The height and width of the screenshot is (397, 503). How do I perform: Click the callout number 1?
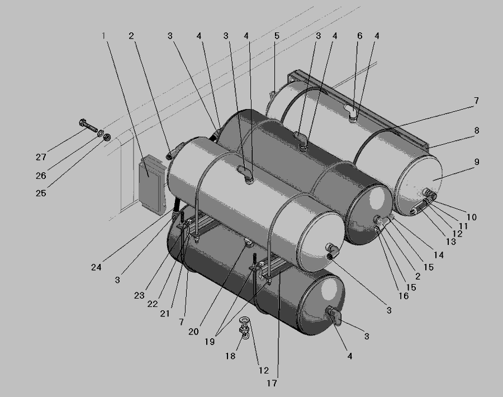[x=103, y=36]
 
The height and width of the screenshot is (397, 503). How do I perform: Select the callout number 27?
[x=41, y=157]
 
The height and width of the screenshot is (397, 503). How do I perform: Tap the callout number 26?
[x=41, y=176]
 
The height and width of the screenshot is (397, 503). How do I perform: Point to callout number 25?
[x=41, y=193]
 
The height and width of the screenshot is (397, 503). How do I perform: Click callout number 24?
[x=96, y=267]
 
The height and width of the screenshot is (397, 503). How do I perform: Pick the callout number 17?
[x=272, y=383]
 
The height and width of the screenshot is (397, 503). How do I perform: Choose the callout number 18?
[x=230, y=356]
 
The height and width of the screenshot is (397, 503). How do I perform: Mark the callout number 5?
[x=277, y=36]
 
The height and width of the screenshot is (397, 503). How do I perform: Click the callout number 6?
[x=359, y=36]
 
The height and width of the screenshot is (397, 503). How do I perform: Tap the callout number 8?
[x=476, y=130]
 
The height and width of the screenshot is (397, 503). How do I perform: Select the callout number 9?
[x=476, y=162]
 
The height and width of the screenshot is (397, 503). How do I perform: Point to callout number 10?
[x=471, y=217]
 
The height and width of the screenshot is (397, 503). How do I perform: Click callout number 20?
[x=193, y=332]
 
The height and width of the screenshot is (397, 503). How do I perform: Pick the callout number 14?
[x=439, y=255]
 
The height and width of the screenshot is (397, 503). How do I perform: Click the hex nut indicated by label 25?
[x=107, y=137]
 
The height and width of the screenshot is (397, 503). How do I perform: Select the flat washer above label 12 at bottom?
[x=245, y=320]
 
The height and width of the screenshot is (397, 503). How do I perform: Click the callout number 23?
[x=139, y=295]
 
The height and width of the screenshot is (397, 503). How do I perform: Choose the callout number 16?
[x=404, y=296]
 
